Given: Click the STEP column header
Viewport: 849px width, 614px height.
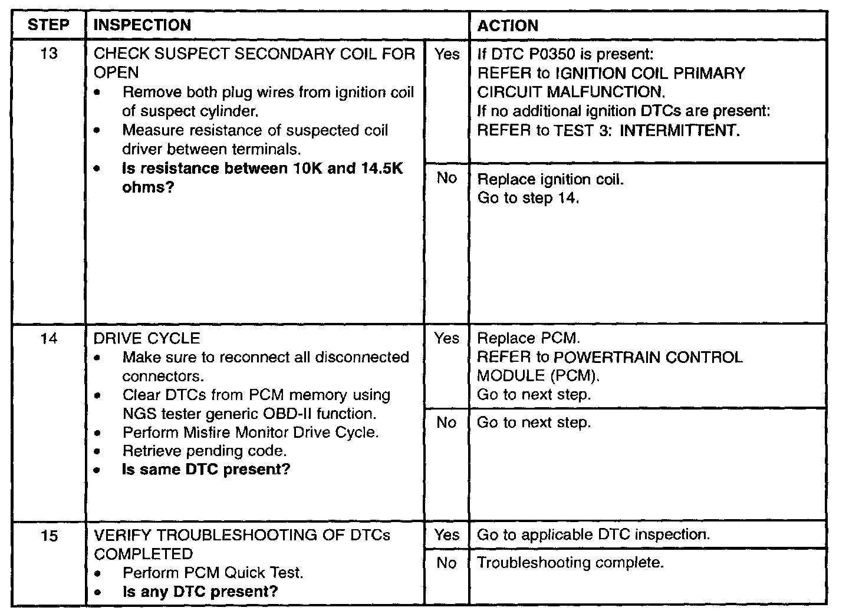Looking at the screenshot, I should click(48, 25).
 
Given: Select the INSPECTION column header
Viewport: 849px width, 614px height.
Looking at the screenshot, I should click(142, 25).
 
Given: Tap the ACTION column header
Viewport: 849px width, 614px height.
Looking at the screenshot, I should click(508, 26).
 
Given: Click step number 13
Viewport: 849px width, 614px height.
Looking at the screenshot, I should click(49, 54).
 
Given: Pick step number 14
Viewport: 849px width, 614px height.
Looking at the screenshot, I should click(49, 338).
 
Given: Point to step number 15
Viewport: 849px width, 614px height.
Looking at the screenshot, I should click(49, 535).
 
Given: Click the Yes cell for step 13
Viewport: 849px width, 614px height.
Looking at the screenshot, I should click(447, 54).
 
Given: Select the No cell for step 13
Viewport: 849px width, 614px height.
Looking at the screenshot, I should click(447, 178).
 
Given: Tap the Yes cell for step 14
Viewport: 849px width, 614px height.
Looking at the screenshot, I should click(447, 338).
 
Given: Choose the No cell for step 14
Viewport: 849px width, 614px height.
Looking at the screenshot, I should click(447, 422).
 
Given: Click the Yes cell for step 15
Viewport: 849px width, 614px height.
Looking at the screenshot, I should click(447, 534).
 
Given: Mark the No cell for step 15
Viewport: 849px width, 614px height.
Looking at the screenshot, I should click(447, 563).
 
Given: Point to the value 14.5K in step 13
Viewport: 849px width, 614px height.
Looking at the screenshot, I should click(381, 169).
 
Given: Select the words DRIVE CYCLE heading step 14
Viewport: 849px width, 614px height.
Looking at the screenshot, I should click(147, 338).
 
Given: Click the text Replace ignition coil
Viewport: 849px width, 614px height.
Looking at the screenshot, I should click(549, 179).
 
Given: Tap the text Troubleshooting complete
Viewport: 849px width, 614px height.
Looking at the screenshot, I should click(570, 563).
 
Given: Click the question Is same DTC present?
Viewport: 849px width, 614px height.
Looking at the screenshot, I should click(206, 470).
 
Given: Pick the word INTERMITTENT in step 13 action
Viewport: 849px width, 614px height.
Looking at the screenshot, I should click(679, 130).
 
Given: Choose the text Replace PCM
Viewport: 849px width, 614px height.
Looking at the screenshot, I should click(528, 338).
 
